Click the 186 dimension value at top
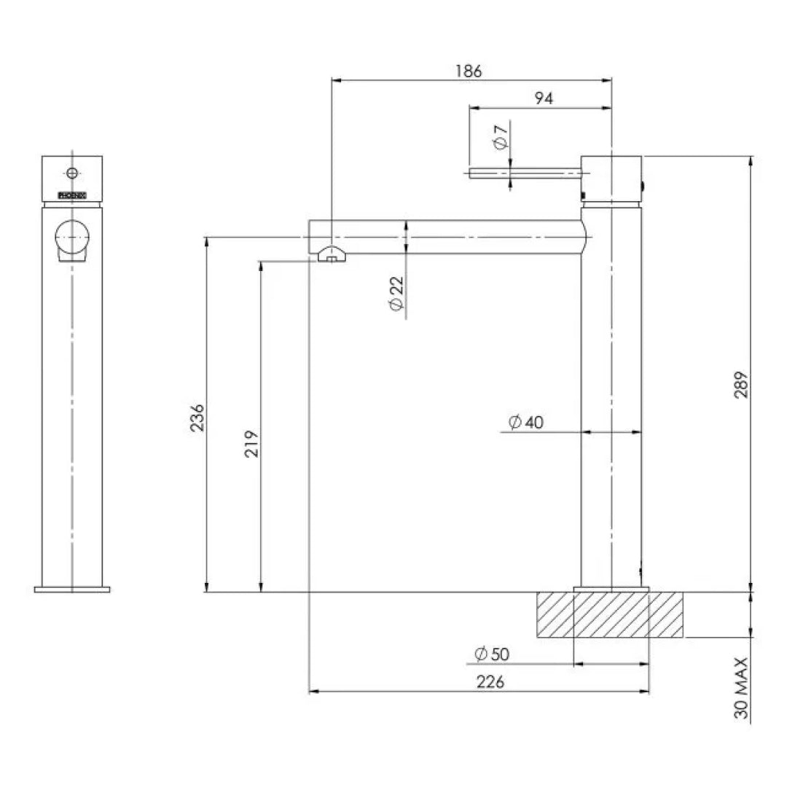(469, 71)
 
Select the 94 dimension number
(544, 98)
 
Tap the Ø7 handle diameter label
(501, 138)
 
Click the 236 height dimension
(197, 417)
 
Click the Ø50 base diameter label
(491, 654)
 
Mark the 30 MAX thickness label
(741, 689)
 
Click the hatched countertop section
(609, 615)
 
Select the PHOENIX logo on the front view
(72, 195)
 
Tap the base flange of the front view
(72, 589)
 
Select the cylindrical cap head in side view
(611, 177)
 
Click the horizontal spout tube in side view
(452, 237)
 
